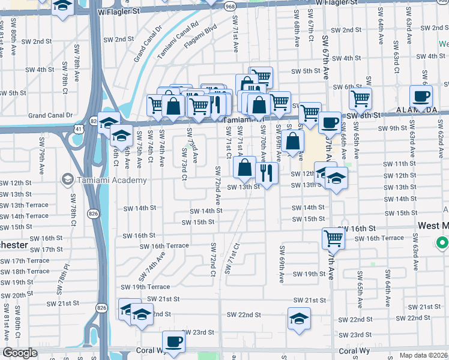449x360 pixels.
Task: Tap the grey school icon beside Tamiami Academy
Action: pos(67,180)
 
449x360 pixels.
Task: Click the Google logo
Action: pos(20,353)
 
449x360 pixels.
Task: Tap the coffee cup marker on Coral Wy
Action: pos(173,341)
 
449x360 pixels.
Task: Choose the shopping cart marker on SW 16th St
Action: pos(333,238)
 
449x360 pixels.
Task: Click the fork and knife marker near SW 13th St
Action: pos(266,173)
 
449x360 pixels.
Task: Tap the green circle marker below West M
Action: pos(442,243)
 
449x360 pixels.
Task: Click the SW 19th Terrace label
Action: pos(145,287)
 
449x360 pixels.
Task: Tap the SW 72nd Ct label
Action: pos(213,260)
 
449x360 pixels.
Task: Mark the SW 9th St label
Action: pos(393,128)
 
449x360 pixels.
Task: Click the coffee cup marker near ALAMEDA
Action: pos(421,95)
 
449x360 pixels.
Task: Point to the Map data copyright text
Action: pos(424,355)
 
